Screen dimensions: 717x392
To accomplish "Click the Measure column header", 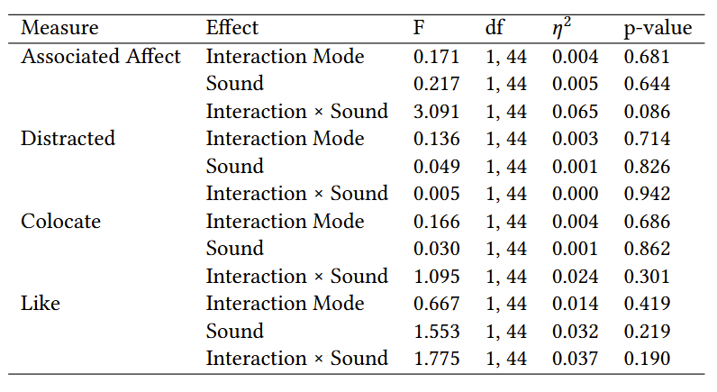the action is click(x=59, y=27).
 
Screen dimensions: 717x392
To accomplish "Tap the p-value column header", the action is click(x=658, y=28).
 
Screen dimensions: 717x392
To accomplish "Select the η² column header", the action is click(x=561, y=27).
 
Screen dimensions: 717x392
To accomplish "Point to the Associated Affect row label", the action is click(x=101, y=56).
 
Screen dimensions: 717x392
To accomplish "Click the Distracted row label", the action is click(x=68, y=139).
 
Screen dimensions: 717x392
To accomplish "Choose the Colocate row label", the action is click(x=61, y=222).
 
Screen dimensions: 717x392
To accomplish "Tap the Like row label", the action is click(x=41, y=304).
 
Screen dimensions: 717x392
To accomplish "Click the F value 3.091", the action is click(x=436, y=112).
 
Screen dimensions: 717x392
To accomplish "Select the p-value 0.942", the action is click(x=647, y=194).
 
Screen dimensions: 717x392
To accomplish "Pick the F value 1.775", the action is click(x=436, y=359).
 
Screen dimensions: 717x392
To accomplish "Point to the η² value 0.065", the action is click(x=575, y=112).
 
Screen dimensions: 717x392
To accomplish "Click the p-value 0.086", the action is click(x=647, y=112).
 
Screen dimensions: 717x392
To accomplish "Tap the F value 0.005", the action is click(x=436, y=194).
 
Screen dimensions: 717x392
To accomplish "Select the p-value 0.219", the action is click(x=647, y=331).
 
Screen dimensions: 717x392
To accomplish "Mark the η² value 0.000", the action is click(x=575, y=194).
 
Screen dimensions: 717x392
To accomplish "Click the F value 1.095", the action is click(x=436, y=277).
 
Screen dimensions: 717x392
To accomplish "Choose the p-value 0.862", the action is click(x=647, y=249).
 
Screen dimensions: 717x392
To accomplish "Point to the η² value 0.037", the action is click(x=575, y=359).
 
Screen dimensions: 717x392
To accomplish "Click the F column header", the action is click(x=419, y=28).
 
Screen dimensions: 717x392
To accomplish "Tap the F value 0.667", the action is click(x=436, y=304).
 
